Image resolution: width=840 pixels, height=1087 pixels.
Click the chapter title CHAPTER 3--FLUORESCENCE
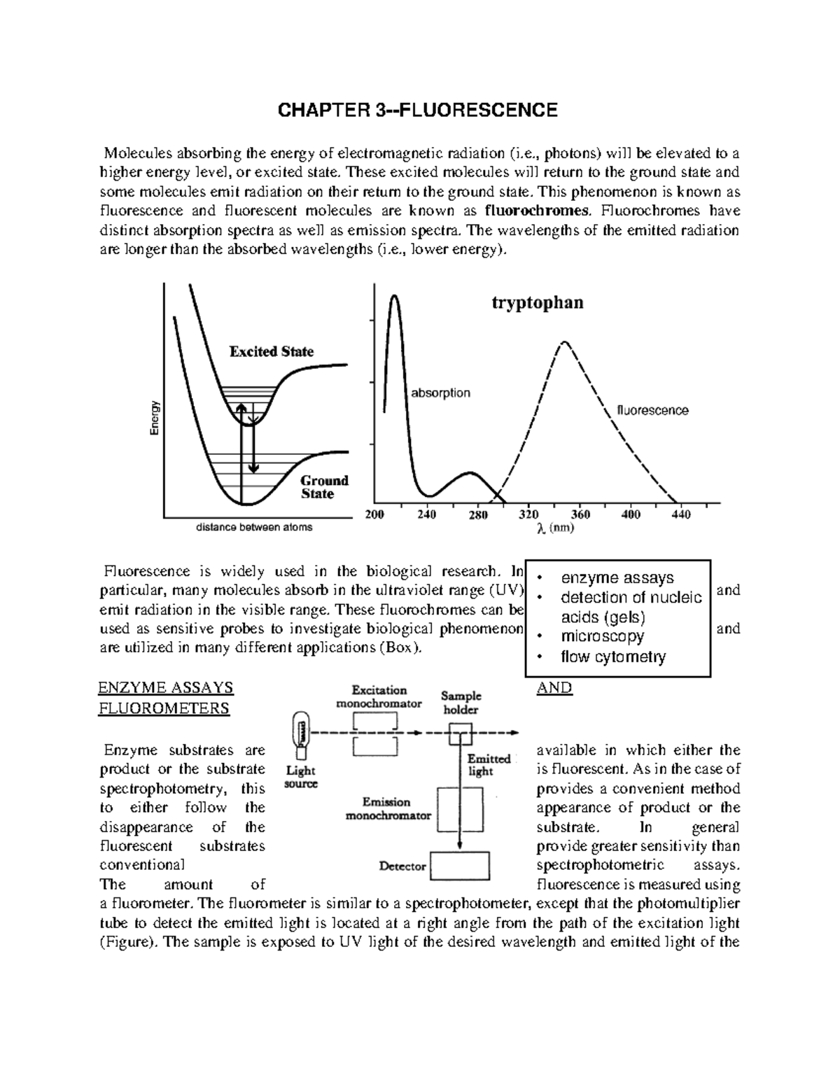(x=418, y=111)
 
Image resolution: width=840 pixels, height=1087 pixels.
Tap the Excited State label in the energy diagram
(x=272, y=351)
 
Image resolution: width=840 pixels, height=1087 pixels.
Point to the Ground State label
(x=323, y=487)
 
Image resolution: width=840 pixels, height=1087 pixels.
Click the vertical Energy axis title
(x=155, y=418)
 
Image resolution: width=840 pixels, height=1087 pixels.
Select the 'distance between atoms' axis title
(x=254, y=527)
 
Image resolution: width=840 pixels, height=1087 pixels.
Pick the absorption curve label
(x=440, y=393)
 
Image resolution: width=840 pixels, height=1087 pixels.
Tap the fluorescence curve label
(x=652, y=410)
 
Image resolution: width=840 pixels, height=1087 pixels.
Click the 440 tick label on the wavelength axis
(x=680, y=515)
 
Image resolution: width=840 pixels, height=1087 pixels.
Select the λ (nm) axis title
(x=555, y=529)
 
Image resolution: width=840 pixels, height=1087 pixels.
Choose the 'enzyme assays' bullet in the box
(x=617, y=577)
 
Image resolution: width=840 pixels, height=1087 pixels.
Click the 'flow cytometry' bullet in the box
(x=613, y=657)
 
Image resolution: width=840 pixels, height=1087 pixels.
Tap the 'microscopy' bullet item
(x=602, y=636)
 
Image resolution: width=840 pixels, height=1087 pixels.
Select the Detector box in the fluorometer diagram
(x=459, y=865)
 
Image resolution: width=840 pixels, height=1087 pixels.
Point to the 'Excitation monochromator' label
(x=379, y=696)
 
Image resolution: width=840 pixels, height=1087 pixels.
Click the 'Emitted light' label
(x=489, y=764)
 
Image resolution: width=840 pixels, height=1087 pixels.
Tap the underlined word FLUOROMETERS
(x=164, y=708)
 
